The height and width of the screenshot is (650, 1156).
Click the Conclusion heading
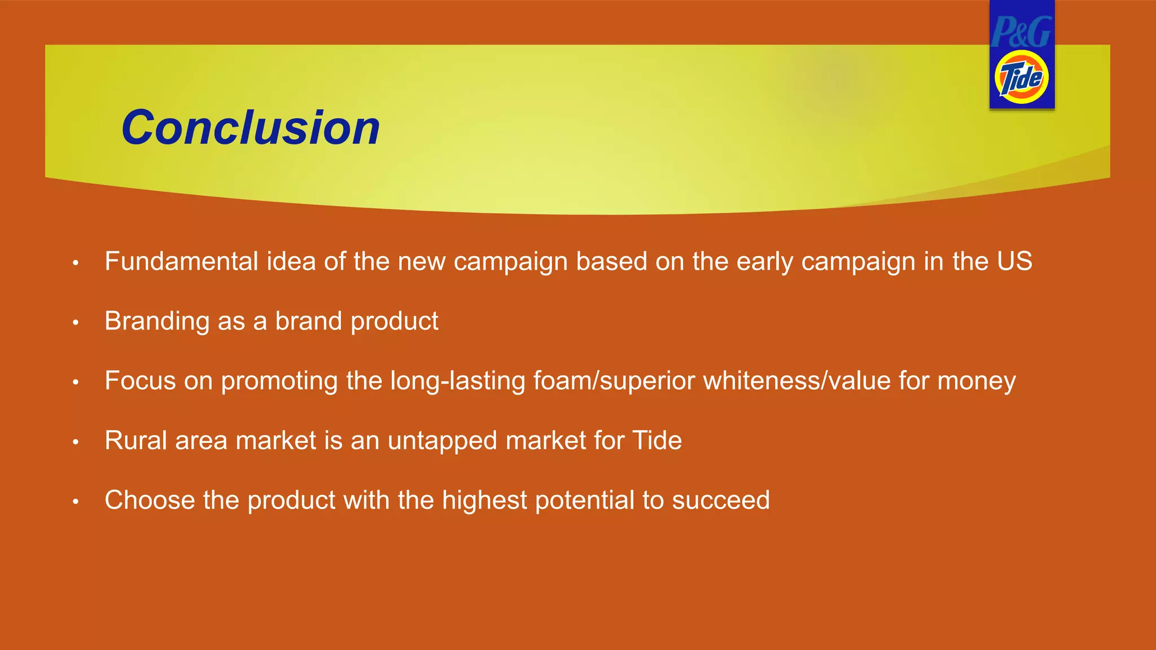(251, 128)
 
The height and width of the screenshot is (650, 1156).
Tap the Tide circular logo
(1022, 78)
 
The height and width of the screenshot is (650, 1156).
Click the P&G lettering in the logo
(1022, 32)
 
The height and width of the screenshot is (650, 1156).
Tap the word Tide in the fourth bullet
(657, 441)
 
